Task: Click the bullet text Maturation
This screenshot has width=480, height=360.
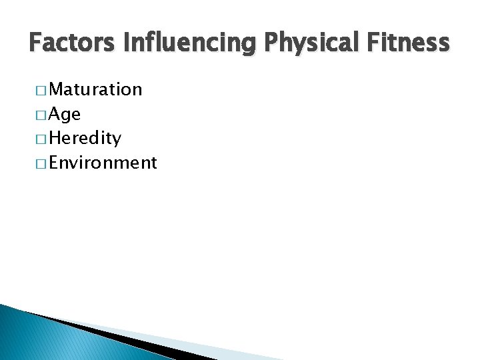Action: tap(95, 89)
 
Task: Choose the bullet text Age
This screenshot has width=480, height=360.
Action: tap(65, 114)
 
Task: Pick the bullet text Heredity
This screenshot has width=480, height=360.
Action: tap(85, 139)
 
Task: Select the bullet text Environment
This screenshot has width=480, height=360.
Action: tap(103, 163)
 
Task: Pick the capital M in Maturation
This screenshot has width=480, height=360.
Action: tap(57, 89)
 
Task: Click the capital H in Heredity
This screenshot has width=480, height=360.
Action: tap(55, 139)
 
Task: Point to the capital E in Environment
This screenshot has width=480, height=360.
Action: tap(55, 163)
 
